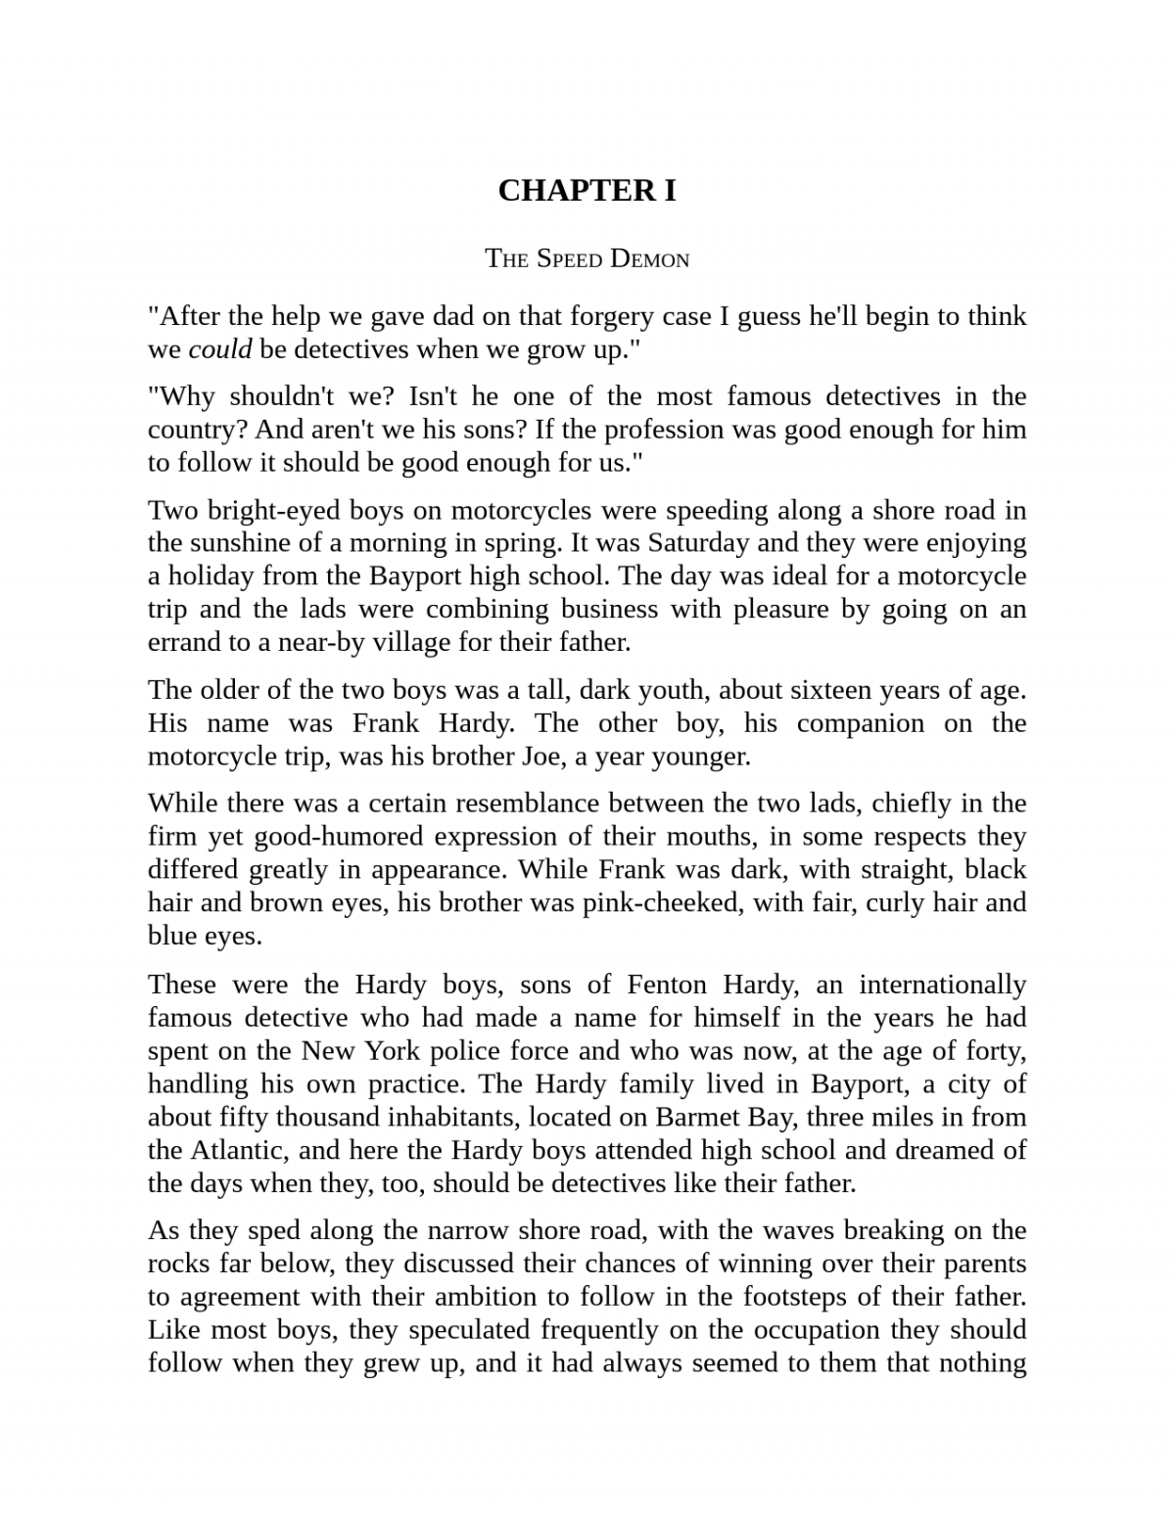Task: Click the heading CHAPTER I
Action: click(587, 190)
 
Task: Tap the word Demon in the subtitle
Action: click(649, 259)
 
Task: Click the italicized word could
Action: click(219, 349)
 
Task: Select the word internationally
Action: click(942, 985)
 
